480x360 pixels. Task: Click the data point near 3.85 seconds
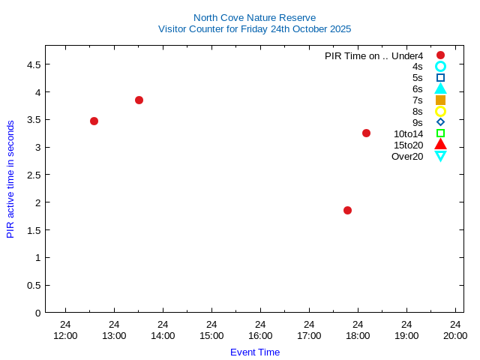[139, 100]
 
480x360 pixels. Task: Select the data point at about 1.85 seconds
[347, 210]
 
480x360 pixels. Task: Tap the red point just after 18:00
[366, 133]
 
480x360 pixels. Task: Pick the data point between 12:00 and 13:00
[94, 121]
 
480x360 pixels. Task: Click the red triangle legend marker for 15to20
[440, 145]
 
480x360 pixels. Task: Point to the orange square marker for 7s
[440, 100]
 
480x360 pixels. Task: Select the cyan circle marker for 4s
[440, 66]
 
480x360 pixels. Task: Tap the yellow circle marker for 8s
[440, 111]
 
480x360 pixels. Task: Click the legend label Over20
[407, 156]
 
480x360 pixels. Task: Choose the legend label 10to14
[408, 133]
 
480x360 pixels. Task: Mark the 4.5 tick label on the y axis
[33, 64]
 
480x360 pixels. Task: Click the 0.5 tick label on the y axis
[33, 285]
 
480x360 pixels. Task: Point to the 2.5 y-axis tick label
[33, 175]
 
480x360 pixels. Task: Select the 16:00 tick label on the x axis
[260, 335]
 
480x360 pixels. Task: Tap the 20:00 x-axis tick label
[455, 335]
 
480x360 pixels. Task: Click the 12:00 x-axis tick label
[65, 335]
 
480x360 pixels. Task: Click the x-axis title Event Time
[255, 352]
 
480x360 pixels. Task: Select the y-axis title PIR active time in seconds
[10, 178]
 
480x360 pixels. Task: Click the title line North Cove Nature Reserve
[254, 17]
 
